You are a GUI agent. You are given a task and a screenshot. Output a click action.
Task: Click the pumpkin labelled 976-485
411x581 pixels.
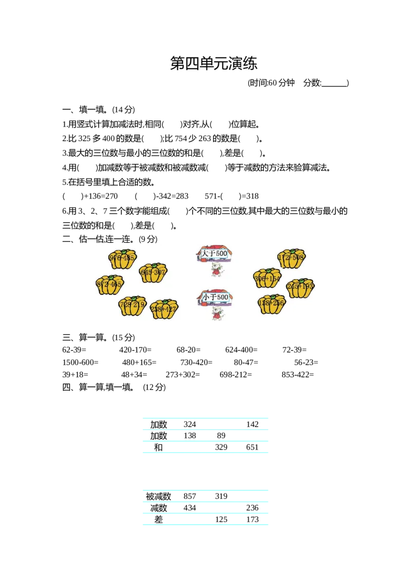pos(122,259)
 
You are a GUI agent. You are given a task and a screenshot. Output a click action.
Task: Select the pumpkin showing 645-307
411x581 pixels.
pos(153,273)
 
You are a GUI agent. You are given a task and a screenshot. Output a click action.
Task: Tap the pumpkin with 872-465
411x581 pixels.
pos(109,284)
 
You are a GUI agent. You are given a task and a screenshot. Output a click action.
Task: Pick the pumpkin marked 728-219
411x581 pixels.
pos(132,306)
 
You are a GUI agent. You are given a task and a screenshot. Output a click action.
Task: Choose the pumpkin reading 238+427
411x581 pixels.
pos(164,309)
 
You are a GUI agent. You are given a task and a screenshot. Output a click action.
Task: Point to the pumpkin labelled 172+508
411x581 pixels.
pos(291,258)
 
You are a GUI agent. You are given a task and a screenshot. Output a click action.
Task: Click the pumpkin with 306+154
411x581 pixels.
pos(267,279)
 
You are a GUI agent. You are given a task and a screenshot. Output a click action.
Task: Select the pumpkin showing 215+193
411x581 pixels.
pos(300,287)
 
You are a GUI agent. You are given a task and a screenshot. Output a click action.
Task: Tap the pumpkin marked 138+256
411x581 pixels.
pos(271,304)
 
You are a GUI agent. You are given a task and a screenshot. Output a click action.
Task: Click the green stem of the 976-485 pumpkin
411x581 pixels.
pos(121,251)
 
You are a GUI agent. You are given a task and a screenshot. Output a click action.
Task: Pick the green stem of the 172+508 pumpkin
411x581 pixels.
pos(292,250)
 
